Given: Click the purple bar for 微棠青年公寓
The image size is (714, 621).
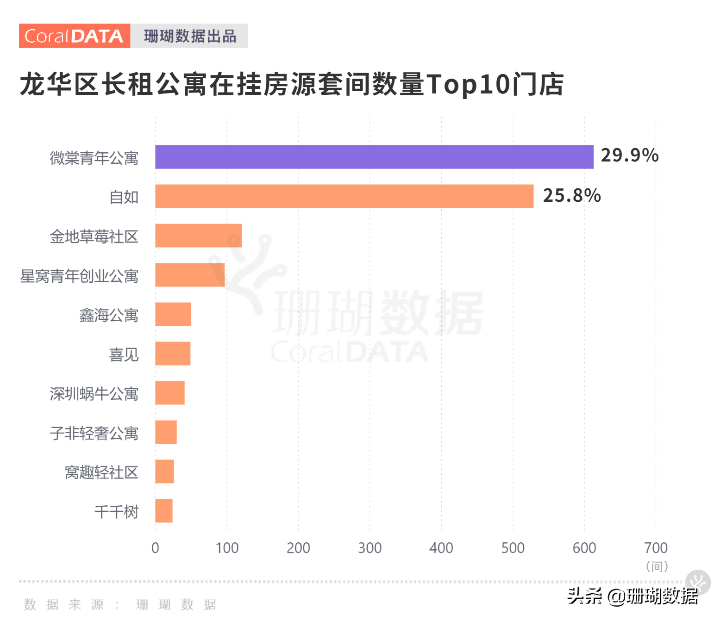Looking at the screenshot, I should (374, 157).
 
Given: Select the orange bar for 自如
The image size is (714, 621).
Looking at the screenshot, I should (344, 196).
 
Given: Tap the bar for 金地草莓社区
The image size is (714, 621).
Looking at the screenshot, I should (198, 236).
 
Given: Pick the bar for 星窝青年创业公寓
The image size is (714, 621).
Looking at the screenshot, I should (190, 275).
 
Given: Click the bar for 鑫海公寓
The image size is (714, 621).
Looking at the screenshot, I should (173, 314).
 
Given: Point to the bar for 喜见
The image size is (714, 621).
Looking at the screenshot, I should (173, 354).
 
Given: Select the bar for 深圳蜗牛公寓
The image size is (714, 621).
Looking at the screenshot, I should (170, 393).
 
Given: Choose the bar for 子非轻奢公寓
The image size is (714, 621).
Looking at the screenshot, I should (166, 432).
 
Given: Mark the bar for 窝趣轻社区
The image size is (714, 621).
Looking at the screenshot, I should (164, 472).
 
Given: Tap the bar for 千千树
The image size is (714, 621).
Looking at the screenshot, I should (164, 511).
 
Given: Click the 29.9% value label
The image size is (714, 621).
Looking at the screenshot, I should (629, 155).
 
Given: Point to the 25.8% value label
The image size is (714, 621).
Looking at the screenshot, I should (571, 195).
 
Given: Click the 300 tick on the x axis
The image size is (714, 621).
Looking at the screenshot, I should (370, 548).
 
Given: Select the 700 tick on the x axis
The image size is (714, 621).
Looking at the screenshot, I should (656, 548).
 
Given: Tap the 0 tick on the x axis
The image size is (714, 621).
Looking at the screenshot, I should (155, 548).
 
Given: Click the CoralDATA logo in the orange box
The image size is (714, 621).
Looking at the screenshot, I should (74, 36).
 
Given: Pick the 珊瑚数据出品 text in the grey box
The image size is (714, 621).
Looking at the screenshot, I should (190, 36).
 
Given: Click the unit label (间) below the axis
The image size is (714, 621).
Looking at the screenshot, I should (657, 566).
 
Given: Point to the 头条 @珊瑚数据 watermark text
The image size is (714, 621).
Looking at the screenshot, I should (633, 596).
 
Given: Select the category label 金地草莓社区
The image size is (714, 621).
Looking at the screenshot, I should (94, 236).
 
